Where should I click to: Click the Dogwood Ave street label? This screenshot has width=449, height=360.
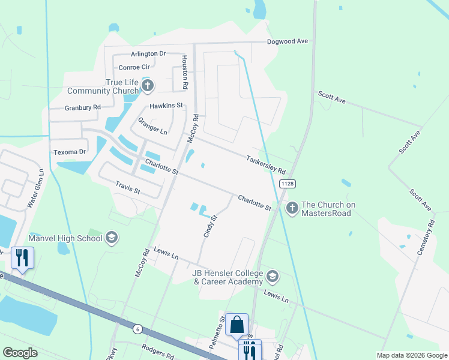click(288, 41)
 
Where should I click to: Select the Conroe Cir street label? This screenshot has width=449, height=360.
click(134, 67)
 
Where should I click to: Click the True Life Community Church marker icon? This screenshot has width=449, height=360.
click(148, 86)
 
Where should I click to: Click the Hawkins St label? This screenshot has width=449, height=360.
click(166, 106)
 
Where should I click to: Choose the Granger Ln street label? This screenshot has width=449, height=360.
click(152, 125)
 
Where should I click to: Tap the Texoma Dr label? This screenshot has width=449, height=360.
click(70, 152)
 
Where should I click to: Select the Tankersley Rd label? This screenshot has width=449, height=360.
click(265, 164)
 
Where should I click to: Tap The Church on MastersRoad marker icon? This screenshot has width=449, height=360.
click(292, 209)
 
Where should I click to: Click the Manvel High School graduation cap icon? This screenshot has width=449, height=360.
click(111, 238)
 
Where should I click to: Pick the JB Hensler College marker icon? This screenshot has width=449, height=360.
click(273, 276)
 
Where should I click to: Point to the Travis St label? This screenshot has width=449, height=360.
click(128, 191)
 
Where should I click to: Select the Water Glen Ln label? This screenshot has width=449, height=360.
click(34, 188)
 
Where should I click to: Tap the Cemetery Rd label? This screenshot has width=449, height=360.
click(425, 237)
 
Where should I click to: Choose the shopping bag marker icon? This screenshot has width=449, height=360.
click(237, 324)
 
